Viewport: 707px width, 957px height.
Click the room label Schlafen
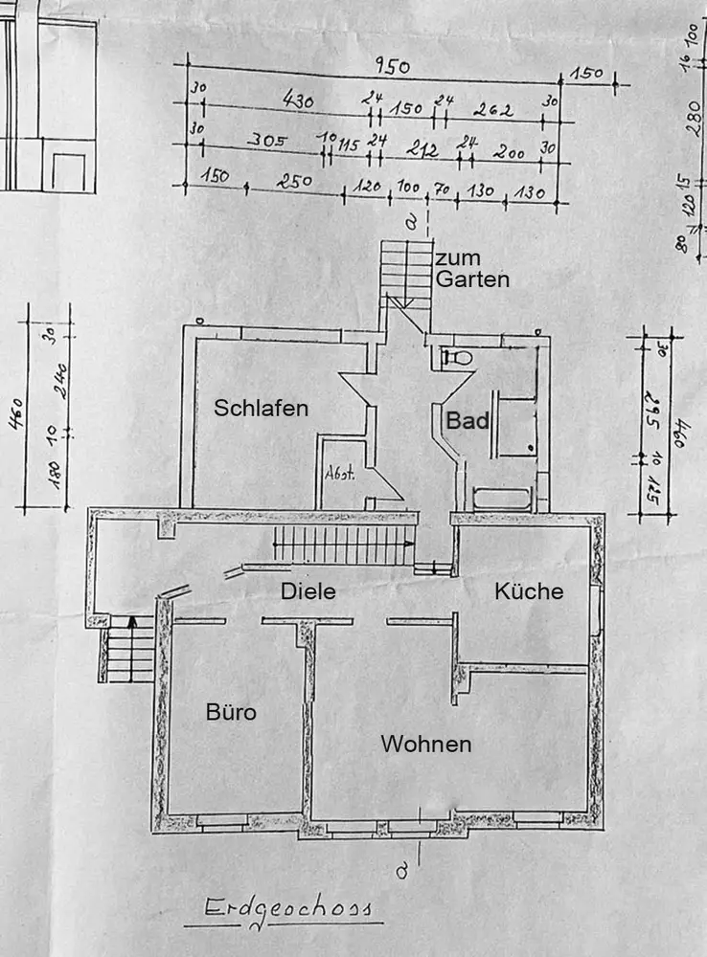[262, 409]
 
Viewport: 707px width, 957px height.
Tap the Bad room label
[468, 421]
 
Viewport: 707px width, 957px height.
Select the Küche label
[529, 592]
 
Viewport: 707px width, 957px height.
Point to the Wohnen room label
[425, 744]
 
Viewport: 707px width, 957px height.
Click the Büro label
[232, 712]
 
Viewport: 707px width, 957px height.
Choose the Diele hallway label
[308, 592]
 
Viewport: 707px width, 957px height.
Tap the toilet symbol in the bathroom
[457, 358]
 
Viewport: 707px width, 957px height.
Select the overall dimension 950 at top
[392, 68]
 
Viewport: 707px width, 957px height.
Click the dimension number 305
[267, 141]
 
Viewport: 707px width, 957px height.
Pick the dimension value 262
[492, 110]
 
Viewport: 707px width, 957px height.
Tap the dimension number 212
[422, 149]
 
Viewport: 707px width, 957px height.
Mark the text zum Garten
[471, 270]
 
